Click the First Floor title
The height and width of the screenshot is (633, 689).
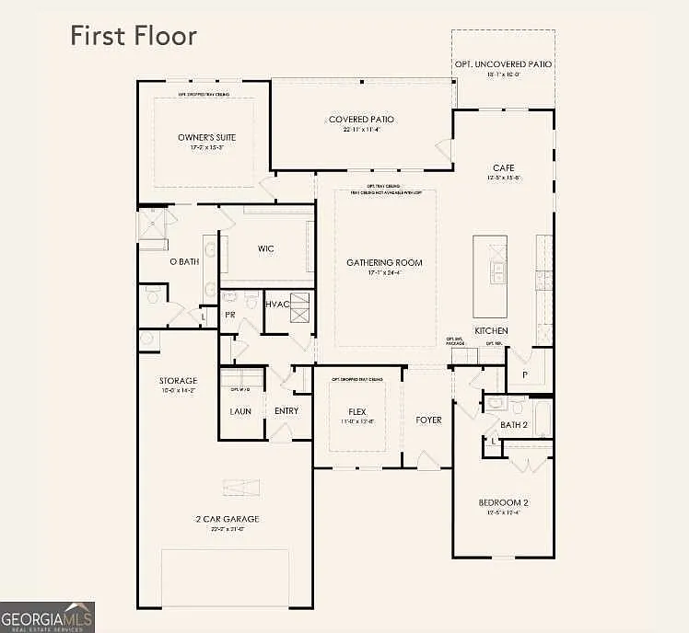click(x=134, y=36)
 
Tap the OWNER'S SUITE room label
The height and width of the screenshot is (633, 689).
click(x=201, y=137)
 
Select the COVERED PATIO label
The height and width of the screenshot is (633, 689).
click(x=361, y=120)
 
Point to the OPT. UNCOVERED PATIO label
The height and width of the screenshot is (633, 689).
click(x=503, y=64)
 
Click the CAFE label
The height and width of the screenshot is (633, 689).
click(x=503, y=167)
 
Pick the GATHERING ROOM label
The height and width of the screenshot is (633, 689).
click(x=384, y=263)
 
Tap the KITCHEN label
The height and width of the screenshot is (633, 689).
click(x=491, y=330)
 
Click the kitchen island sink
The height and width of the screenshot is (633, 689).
click(x=497, y=270)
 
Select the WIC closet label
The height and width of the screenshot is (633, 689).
click(x=265, y=248)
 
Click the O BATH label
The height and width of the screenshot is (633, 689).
click(x=184, y=262)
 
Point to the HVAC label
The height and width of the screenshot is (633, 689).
click(x=277, y=305)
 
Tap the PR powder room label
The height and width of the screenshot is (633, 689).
click(x=229, y=314)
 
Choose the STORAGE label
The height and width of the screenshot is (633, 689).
click(x=179, y=380)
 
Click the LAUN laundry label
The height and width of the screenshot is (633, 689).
click(x=240, y=411)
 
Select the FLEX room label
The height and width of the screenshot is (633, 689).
click(x=357, y=411)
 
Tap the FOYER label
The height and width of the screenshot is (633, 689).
click(x=428, y=420)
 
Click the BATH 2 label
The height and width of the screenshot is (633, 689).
click(x=512, y=424)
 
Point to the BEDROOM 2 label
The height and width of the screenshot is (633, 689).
click(x=503, y=502)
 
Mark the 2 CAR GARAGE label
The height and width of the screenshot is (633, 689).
click(x=226, y=520)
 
